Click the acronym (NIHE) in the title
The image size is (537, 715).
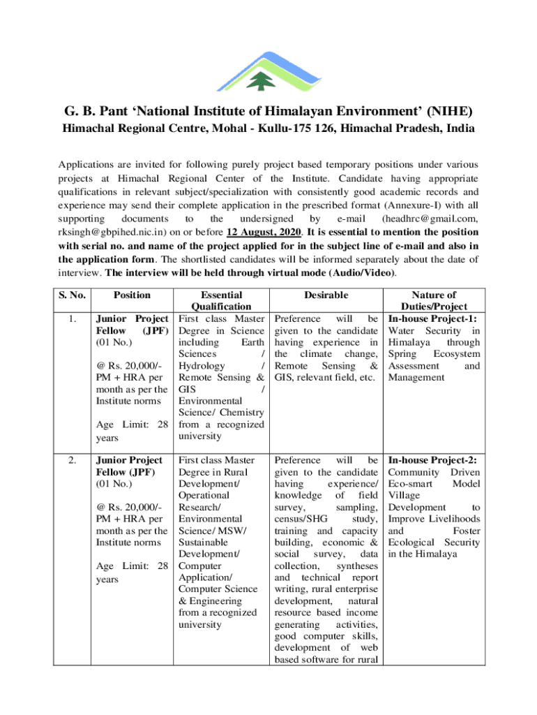446,111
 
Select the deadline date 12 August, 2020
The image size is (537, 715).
262,231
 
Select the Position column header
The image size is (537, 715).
132,295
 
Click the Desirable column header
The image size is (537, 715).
326,295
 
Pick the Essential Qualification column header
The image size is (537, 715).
220,301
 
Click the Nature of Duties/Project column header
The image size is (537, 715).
433,301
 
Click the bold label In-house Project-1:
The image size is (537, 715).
432,318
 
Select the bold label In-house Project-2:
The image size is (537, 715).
432,460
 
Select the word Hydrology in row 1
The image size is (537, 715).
202,366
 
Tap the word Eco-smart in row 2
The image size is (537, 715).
411,484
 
